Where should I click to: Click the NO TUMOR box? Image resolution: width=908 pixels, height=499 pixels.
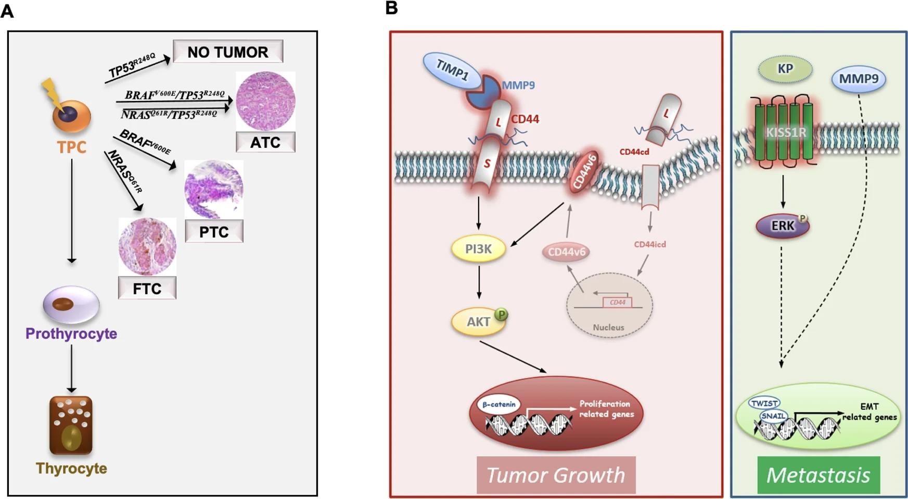228,52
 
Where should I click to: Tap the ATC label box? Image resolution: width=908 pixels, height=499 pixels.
265,142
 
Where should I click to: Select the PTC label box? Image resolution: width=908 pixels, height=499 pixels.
214,231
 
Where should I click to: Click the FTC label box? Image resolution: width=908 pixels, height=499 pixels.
147,288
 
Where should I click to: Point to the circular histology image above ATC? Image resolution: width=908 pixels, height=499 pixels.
265,101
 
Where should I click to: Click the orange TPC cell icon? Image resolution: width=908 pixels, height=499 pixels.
72,115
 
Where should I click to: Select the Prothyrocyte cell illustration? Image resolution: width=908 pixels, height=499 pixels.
71,305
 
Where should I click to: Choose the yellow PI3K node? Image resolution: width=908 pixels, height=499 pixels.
478,249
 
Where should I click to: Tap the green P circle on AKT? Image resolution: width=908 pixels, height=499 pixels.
501,314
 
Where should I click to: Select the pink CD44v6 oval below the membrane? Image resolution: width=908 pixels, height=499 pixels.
567,252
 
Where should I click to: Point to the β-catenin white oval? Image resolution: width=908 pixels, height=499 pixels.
498,404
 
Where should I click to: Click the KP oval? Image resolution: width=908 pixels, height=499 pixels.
785,69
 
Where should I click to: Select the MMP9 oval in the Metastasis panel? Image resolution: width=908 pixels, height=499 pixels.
859,79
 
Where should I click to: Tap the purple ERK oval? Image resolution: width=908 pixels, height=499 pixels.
783,226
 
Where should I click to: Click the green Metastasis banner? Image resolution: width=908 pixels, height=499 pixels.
818,475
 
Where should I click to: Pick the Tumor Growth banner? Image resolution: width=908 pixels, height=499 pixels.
556,475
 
